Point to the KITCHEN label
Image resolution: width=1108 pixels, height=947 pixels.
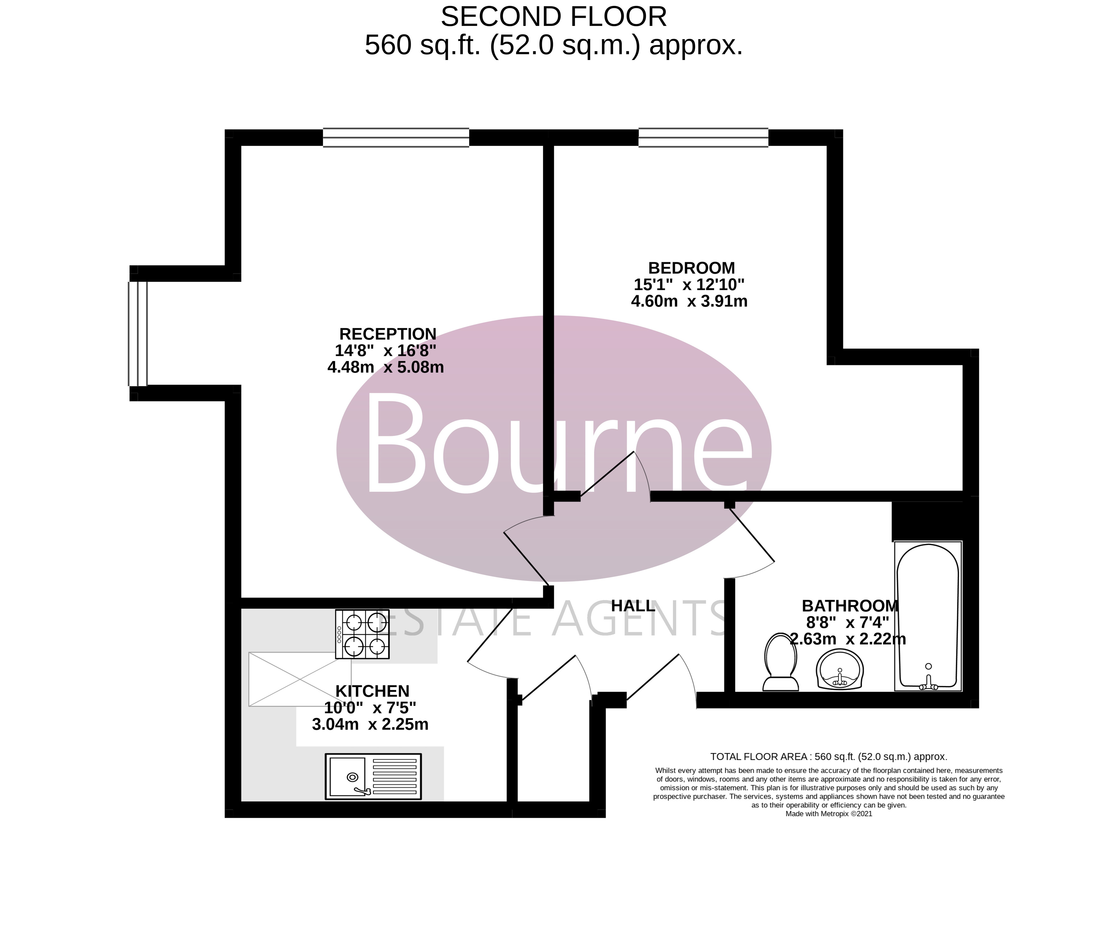pyautogui.click(x=372, y=691)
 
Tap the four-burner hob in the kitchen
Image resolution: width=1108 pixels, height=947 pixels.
pyautogui.click(x=362, y=634)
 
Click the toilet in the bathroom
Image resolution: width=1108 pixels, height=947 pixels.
pyautogui.click(x=781, y=663)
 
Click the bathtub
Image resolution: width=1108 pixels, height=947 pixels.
pyautogui.click(x=928, y=616)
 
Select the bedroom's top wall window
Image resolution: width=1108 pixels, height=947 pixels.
pyautogui.click(x=703, y=137)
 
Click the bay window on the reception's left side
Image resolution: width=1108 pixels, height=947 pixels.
pyautogui.click(x=137, y=334)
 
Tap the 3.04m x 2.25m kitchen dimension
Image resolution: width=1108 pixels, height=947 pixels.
pyautogui.click(x=370, y=725)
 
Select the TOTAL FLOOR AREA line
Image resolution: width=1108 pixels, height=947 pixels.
pyautogui.click(x=828, y=757)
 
